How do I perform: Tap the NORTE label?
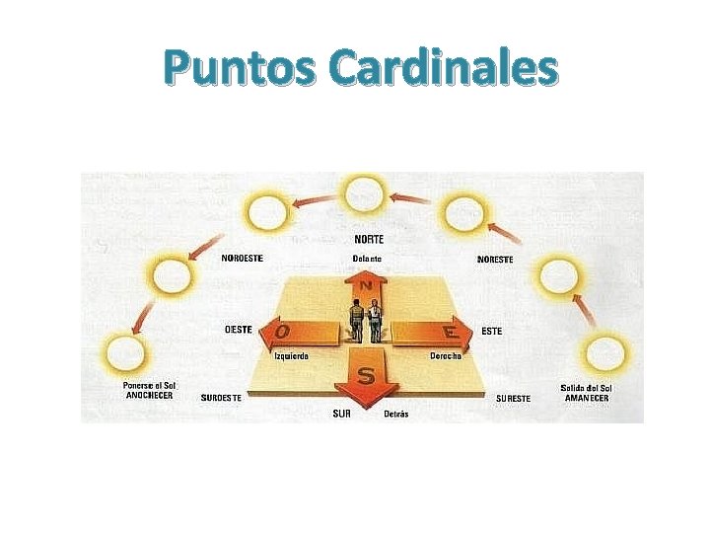[x=369, y=239]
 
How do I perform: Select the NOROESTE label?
[x=242, y=259]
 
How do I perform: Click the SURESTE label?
[x=513, y=398]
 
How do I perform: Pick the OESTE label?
[x=239, y=329]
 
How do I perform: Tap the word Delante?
[x=367, y=259]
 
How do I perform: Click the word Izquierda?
[x=291, y=355]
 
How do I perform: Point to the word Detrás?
[x=395, y=414]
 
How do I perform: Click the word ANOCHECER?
[x=149, y=396]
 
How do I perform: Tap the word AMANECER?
[x=586, y=398]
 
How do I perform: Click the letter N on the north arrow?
[x=365, y=285]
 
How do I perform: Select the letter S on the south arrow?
[x=367, y=376]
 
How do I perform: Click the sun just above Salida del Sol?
[x=604, y=352]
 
